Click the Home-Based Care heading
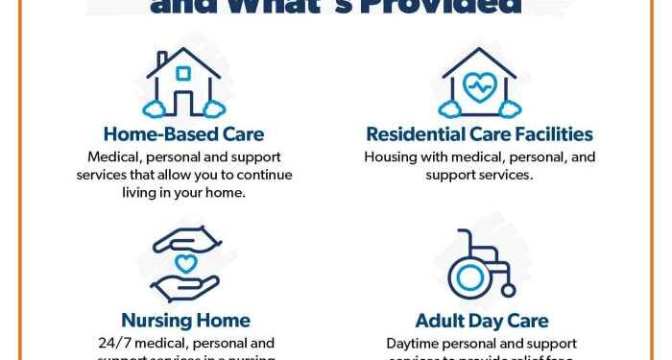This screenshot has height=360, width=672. pyautogui.click(x=183, y=134)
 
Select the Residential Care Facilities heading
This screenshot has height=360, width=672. pyautogui.click(x=480, y=134)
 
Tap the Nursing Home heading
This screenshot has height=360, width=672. pyautogui.click(x=185, y=321)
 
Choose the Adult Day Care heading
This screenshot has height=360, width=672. pyautogui.click(x=481, y=321)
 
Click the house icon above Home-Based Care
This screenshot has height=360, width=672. pyautogui.click(x=183, y=82)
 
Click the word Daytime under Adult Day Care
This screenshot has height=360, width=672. pyautogui.click(x=419, y=343)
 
